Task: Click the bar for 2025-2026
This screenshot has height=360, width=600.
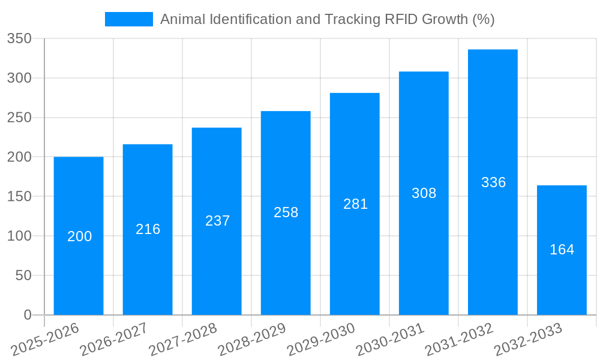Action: coord(79,236)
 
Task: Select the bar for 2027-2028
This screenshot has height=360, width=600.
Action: coord(217,221)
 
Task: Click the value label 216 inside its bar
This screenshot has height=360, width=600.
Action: coord(148,229)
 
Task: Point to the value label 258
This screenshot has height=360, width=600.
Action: coord(286,212)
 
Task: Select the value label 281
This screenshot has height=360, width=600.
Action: coord(355,204)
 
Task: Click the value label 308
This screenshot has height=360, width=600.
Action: coord(424,193)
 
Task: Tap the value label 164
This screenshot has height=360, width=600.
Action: coord(562,250)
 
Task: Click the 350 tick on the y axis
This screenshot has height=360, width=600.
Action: coord(19,39)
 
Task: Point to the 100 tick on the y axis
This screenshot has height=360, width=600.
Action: coord(19,236)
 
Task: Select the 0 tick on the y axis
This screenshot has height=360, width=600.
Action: coord(28,315)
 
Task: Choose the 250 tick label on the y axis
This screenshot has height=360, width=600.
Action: coord(19,118)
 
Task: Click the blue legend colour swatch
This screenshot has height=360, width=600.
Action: coord(128,19)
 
